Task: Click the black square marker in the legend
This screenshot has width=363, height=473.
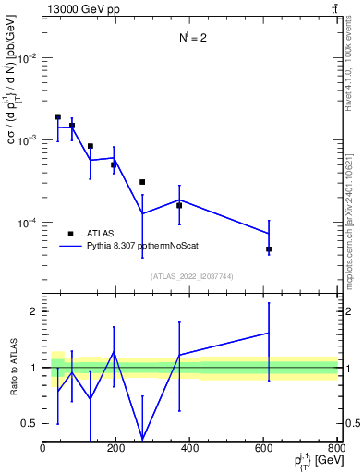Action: tap(70, 234)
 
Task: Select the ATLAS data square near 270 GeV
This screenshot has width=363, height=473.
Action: tap(142, 182)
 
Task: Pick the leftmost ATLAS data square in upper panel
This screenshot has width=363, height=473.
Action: tap(58, 117)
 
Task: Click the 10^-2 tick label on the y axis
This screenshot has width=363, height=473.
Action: tap(27, 57)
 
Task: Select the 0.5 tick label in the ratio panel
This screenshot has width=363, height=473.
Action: tap(31, 423)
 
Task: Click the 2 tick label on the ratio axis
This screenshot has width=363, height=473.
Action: tap(34, 311)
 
